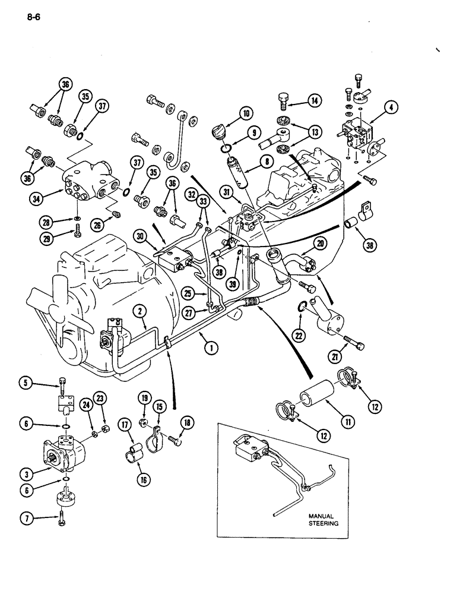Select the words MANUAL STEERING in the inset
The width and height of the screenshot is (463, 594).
pyautogui.click(x=321, y=520)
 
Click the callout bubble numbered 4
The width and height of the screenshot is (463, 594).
pyautogui.click(x=391, y=107)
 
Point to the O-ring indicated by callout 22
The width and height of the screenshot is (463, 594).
pyautogui.click(x=302, y=307)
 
